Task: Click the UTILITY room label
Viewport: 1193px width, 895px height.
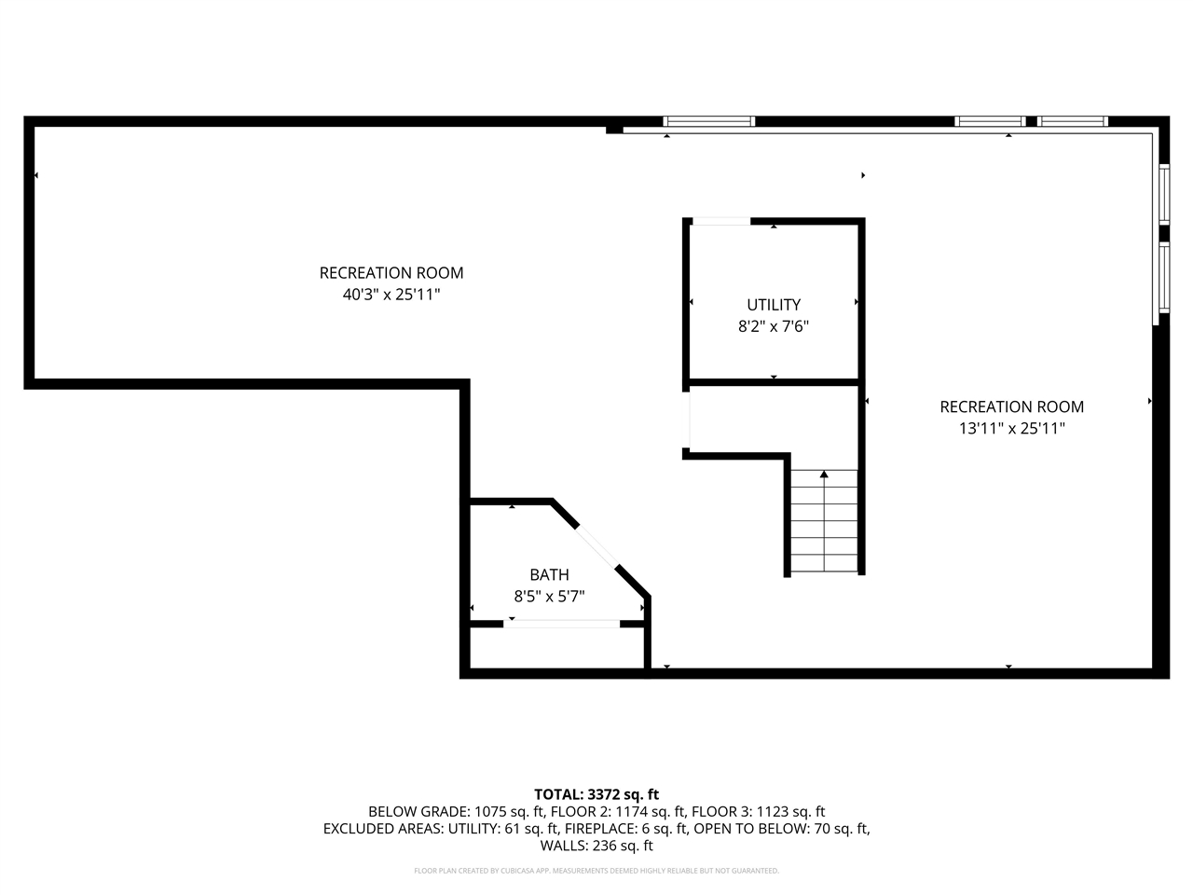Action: pos(773,305)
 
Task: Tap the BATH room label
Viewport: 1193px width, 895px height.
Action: pos(549,575)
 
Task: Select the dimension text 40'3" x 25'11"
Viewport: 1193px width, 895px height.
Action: pos(391,295)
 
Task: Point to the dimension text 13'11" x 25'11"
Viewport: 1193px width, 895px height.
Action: pos(1011,429)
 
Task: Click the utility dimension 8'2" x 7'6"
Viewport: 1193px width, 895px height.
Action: pos(773,327)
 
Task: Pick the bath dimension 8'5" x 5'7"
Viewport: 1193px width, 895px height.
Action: pos(549,597)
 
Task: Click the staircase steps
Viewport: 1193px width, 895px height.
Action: pos(824,522)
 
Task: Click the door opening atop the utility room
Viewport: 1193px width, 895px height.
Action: pos(720,222)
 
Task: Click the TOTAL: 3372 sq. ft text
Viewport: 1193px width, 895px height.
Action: pos(596,794)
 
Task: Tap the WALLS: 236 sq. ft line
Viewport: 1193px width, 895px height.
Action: pos(596,847)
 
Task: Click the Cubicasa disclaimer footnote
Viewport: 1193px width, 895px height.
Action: pos(596,871)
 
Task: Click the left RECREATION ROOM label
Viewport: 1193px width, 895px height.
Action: pos(391,273)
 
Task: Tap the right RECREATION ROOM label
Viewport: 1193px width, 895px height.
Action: pos(1011,406)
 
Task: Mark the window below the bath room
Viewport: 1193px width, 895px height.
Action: pos(562,624)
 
